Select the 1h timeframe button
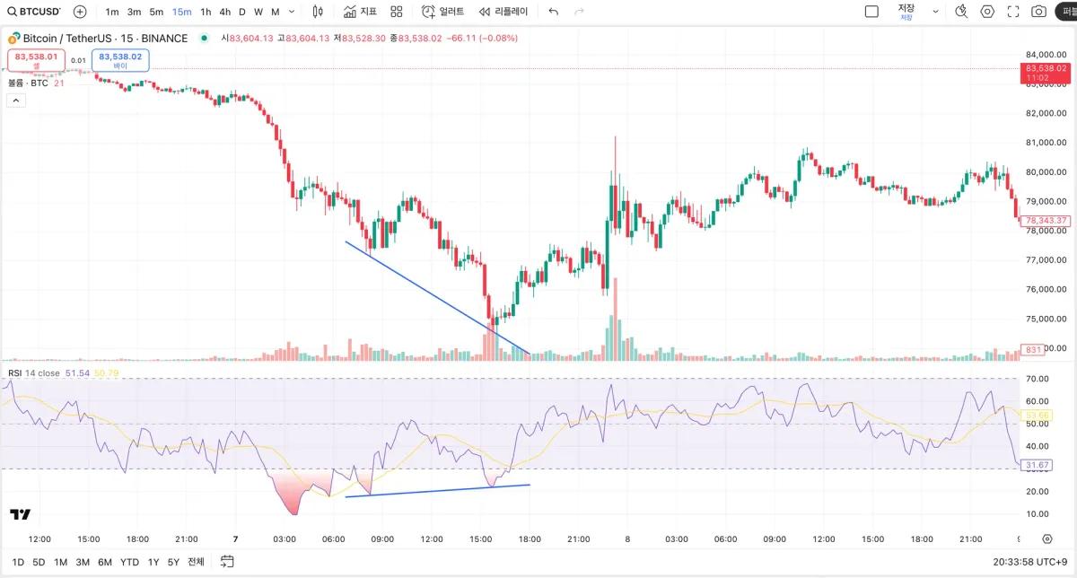click(206, 12)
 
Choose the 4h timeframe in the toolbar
click(224, 12)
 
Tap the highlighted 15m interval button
click(181, 12)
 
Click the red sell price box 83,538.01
click(36, 60)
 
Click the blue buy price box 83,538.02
click(120, 60)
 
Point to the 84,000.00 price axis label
click(1046, 55)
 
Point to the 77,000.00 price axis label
click(1046, 260)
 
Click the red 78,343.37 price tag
click(1046, 220)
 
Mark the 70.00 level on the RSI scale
click(1037, 379)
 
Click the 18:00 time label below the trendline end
click(530, 539)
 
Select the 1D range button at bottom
click(18, 562)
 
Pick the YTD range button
click(129, 562)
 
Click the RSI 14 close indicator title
click(34, 372)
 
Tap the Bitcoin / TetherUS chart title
click(105, 39)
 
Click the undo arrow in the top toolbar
click(554, 12)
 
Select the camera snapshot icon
click(1038, 12)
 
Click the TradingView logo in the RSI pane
click(20, 514)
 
